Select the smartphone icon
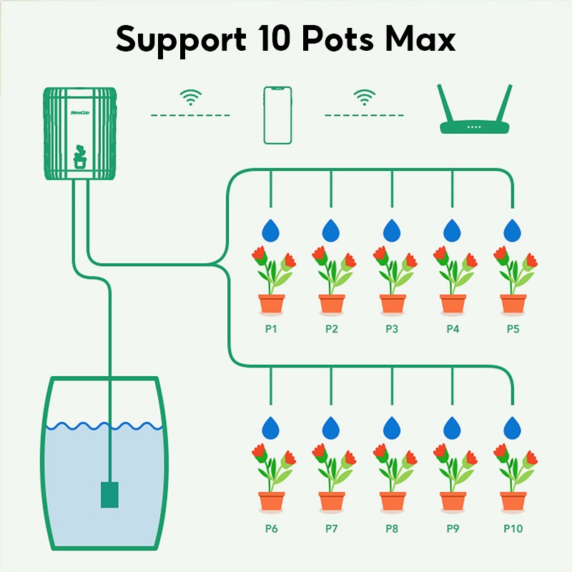point(277,115)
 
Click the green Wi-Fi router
point(475,114)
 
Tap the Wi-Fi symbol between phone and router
point(365,97)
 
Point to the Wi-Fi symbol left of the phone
point(190,97)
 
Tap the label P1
point(271,330)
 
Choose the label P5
point(513,330)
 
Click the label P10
point(513,529)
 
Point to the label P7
point(331,529)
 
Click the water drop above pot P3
point(392,230)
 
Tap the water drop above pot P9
point(452,428)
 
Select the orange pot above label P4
point(452,303)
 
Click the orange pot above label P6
point(271,500)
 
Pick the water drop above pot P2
point(331,230)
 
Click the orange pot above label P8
point(392,500)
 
